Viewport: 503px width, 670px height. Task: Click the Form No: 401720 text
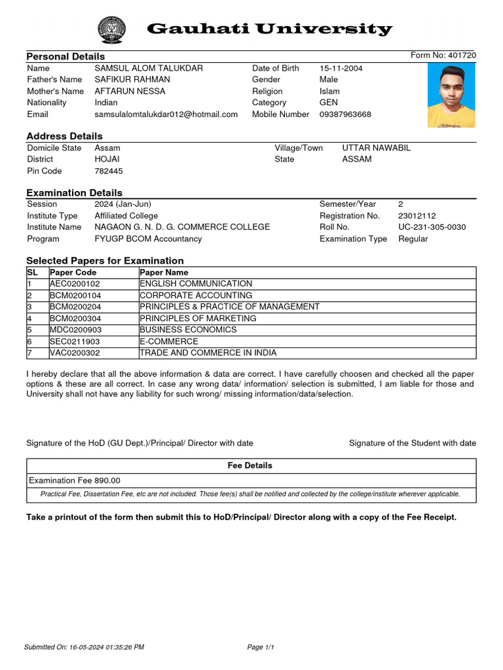(x=443, y=56)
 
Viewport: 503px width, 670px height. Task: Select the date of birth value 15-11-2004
(x=341, y=69)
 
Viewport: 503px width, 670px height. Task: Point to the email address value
(x=166, y=115)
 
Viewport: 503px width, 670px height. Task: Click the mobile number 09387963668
(x=345, y=115)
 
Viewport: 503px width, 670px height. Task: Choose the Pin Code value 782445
(x=109, y=171)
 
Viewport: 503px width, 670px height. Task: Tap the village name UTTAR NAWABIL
(x=376, y=149)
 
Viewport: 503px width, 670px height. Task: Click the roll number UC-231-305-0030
(x=432, y=227)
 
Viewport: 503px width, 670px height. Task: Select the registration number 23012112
(x=417, y=216)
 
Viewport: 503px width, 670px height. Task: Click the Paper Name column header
(x=164, y=272)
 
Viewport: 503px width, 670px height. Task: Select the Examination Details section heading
(x=74, y=193)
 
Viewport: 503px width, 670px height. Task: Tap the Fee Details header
(x=250, y=466)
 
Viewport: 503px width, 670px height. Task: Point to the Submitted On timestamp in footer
(x=84, y=648)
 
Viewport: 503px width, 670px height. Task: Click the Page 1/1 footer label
(x=260, y=648)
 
